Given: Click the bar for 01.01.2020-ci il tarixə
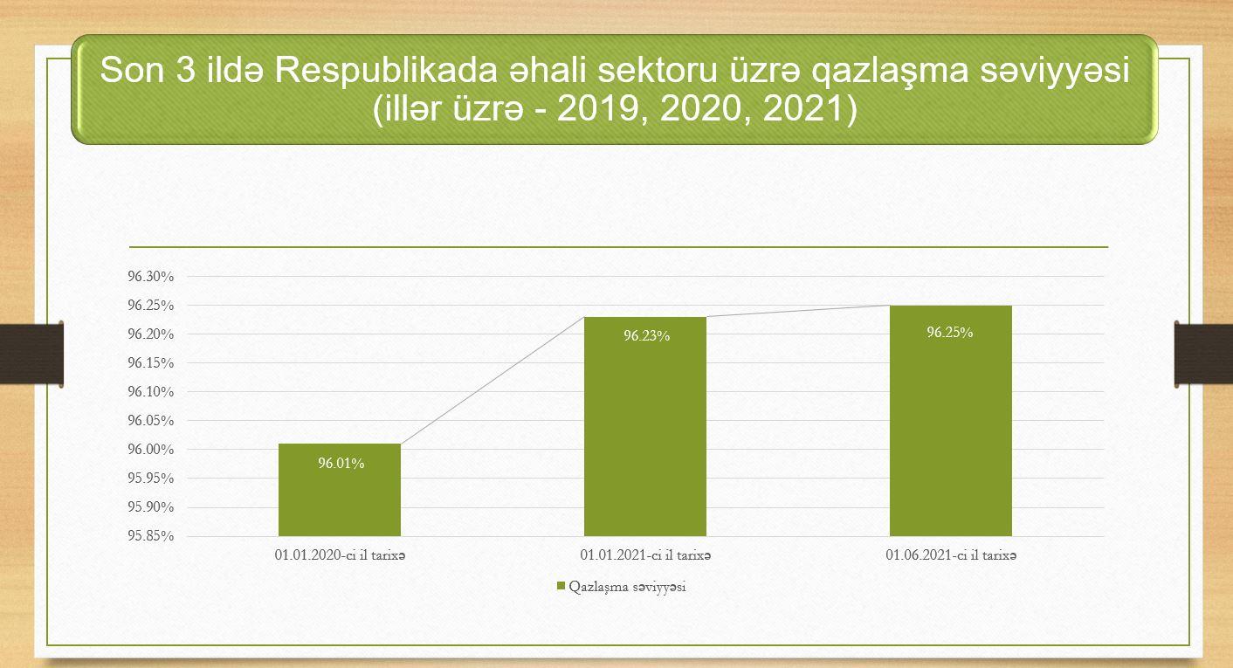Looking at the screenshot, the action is click(x=340, y=490).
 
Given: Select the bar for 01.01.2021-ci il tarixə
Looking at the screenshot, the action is click(x=645, y=426).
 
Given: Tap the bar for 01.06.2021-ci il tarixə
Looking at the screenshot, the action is click(x=951, y=420).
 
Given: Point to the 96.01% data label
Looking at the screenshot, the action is click(x=341, y=464).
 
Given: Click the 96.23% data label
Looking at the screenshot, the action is click(x=647, y=335).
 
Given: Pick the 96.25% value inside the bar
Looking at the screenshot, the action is click(x=950, y=333).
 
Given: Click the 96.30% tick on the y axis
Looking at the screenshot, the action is click(x=151, y=276).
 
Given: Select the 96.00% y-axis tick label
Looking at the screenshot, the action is click(x=151, y=449).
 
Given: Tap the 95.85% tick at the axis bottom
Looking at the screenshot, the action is click(x=151, y=535).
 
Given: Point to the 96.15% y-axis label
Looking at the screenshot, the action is click(x=151, y=362).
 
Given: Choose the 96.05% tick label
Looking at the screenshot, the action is click(x=151, y=420).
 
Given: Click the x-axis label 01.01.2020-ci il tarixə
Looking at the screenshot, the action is click(x=341, y=554).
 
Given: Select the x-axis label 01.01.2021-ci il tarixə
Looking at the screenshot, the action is click(x=645, y=554).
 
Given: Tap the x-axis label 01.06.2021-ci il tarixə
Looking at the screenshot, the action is click(x=951, y=554).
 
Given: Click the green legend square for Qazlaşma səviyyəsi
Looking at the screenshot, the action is click(x=561, y=586).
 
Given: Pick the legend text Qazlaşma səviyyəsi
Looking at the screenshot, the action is click(x=628, y=587).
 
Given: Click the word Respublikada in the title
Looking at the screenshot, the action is click(x=385, y=71).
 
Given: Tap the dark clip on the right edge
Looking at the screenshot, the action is click(x=1204, y=354).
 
